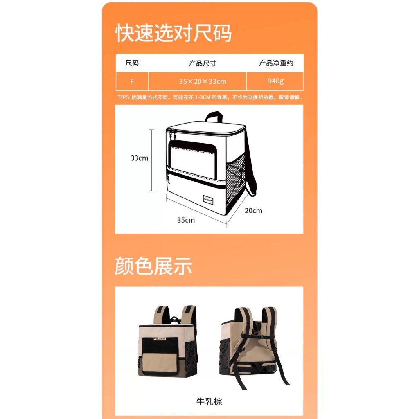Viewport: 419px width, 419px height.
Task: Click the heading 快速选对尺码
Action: pyautogui.click(x=173, y=33)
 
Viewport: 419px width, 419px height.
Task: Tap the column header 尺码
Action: pyautogui.click(x=132, y=63)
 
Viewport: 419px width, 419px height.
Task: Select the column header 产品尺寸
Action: pyautogui.click(x=203, y=63)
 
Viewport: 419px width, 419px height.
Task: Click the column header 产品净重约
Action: pyautogui.click(x=276, y=63)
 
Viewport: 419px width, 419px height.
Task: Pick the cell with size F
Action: pyautogui.click(x=132, y=81)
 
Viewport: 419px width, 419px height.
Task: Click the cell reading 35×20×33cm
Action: pyautogui.click(x=203, y=81)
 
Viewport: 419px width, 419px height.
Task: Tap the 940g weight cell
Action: pyautogui.click(x=275, y=81)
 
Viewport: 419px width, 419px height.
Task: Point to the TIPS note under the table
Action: pyautogui.click(x=210, y=97)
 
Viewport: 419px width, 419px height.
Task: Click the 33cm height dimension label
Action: pyautogui.click(x=139, y=158)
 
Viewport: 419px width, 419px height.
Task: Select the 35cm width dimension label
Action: pyautogui.click(x=186, y=220)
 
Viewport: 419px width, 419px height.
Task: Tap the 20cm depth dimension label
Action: pyautogui.click(x=253, y=211)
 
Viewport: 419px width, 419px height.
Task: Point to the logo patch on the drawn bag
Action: pyautogui.click(x=208, y=200)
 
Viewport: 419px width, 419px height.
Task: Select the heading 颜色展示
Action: pyautogui.click(x=153, y=266)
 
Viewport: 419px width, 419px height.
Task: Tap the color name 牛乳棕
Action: pyautogui.click(x=209, y=402)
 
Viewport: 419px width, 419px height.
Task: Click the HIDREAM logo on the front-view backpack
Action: pyautogui.click(x=160, y=339)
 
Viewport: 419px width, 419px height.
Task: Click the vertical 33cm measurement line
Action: pyautogui.click(x=152, y=160)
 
